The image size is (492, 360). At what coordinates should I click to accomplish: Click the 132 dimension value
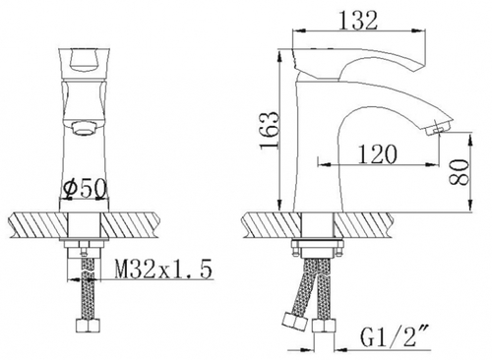pyautogui.click(x=358, y=21)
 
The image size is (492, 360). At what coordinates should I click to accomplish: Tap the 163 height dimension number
pyautogui.click(x=270, y=130)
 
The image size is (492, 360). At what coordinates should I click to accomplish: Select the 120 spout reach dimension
pyautogui.click(x=378, y=154)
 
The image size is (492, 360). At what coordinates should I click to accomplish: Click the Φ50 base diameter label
pyautogui.click(x=86, y=189)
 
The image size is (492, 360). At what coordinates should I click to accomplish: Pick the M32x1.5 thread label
pyautogui.click(x=163, y=269)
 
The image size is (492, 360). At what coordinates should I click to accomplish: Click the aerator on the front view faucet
pyautogui.click(x=85, y=128)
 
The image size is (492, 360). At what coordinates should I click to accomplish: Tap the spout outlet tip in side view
pyautogui.click(x=439, y=127)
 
